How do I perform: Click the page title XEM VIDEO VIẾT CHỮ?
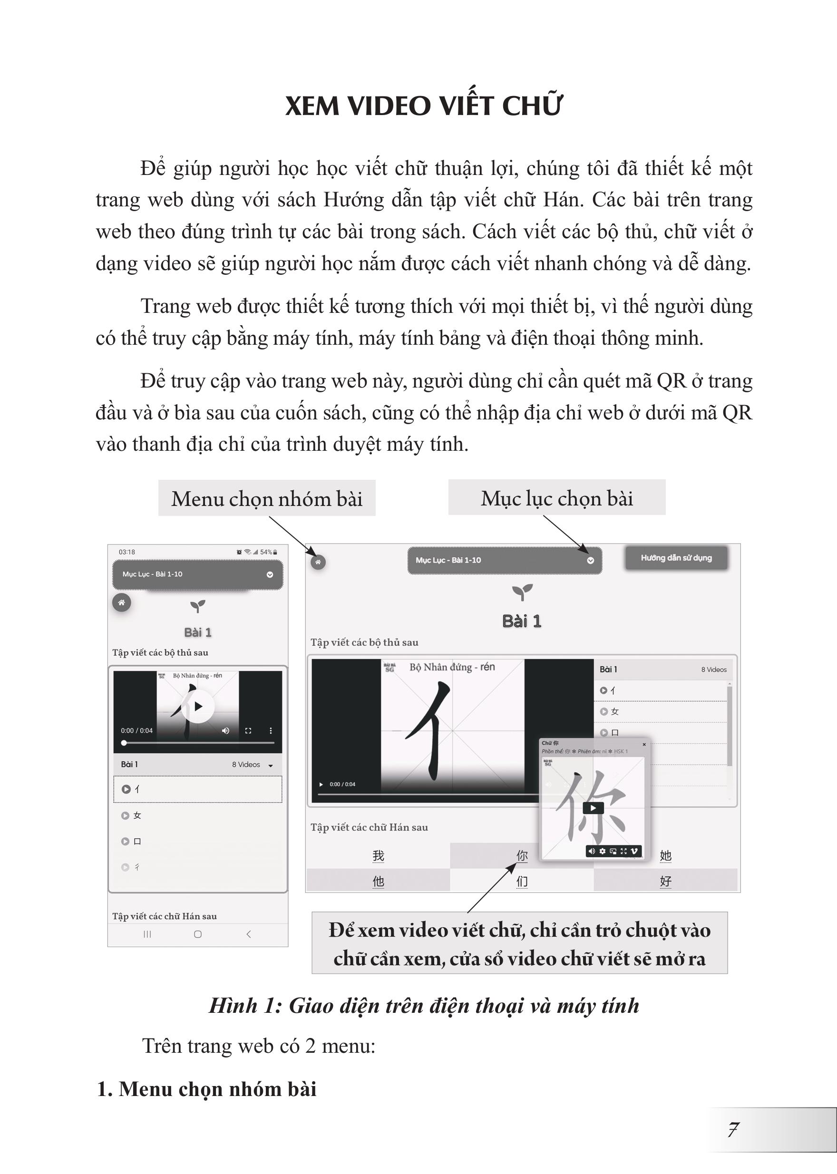click(x=423, y=106)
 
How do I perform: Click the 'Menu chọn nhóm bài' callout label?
click(x=266, y=498)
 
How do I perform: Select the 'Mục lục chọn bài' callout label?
click(x=556, y=498)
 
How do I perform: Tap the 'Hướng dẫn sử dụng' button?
click(x=676, y=558)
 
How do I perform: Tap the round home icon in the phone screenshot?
click(x=122, y=602)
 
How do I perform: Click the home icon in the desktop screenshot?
click(x=318, y=562)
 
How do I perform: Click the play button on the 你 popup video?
click(x=593, y=807)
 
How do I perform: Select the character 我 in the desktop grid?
click(x=378, y=855)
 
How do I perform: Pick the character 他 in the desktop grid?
click(x=378, y=881)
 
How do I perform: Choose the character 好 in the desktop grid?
click(x=665, y=881)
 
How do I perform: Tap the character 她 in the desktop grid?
click(x=665, y=855)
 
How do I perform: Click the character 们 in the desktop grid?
click(x=522, y=881)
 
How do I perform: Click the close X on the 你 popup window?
click(x=644, y=744)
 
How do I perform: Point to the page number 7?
click(x=733, y=1130)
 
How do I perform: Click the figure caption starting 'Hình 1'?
click(x=424, y=1006)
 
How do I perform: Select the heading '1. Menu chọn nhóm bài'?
click(x=207, y=1089)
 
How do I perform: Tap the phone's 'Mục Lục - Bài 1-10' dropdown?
click(x=197, y=574)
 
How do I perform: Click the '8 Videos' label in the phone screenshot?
click(x=246, y=764)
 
